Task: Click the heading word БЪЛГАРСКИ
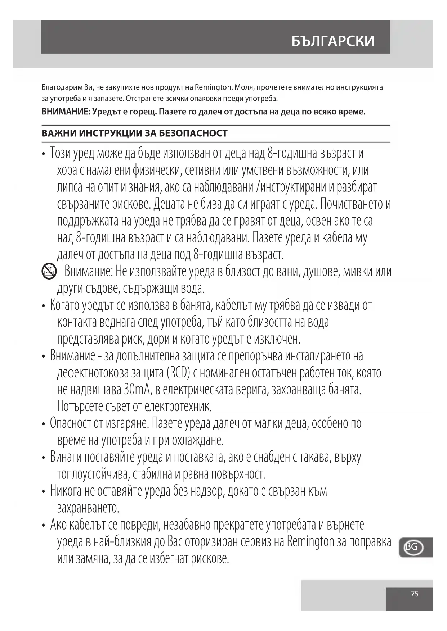(333, 41)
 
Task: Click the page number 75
(415, 594)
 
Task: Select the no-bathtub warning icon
(49, 271)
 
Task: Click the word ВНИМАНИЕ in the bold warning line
(65, 112)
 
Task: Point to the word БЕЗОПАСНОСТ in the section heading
(193, 133)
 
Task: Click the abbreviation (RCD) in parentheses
(178, 373)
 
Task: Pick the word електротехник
(178, 407)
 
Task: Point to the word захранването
(88, 508)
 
